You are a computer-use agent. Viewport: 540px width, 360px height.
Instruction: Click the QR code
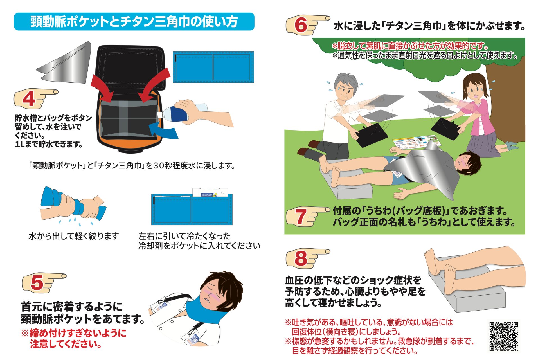coord(503,336)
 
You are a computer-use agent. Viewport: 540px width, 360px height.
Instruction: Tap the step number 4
coord(29,99)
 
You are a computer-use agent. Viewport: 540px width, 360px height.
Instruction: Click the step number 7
coord(301,217)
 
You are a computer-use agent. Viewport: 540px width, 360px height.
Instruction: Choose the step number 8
coord(301,258)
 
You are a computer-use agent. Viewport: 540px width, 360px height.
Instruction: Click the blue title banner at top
coord(134,22)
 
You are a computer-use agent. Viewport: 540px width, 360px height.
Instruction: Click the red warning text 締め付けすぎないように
coord(74,333)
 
